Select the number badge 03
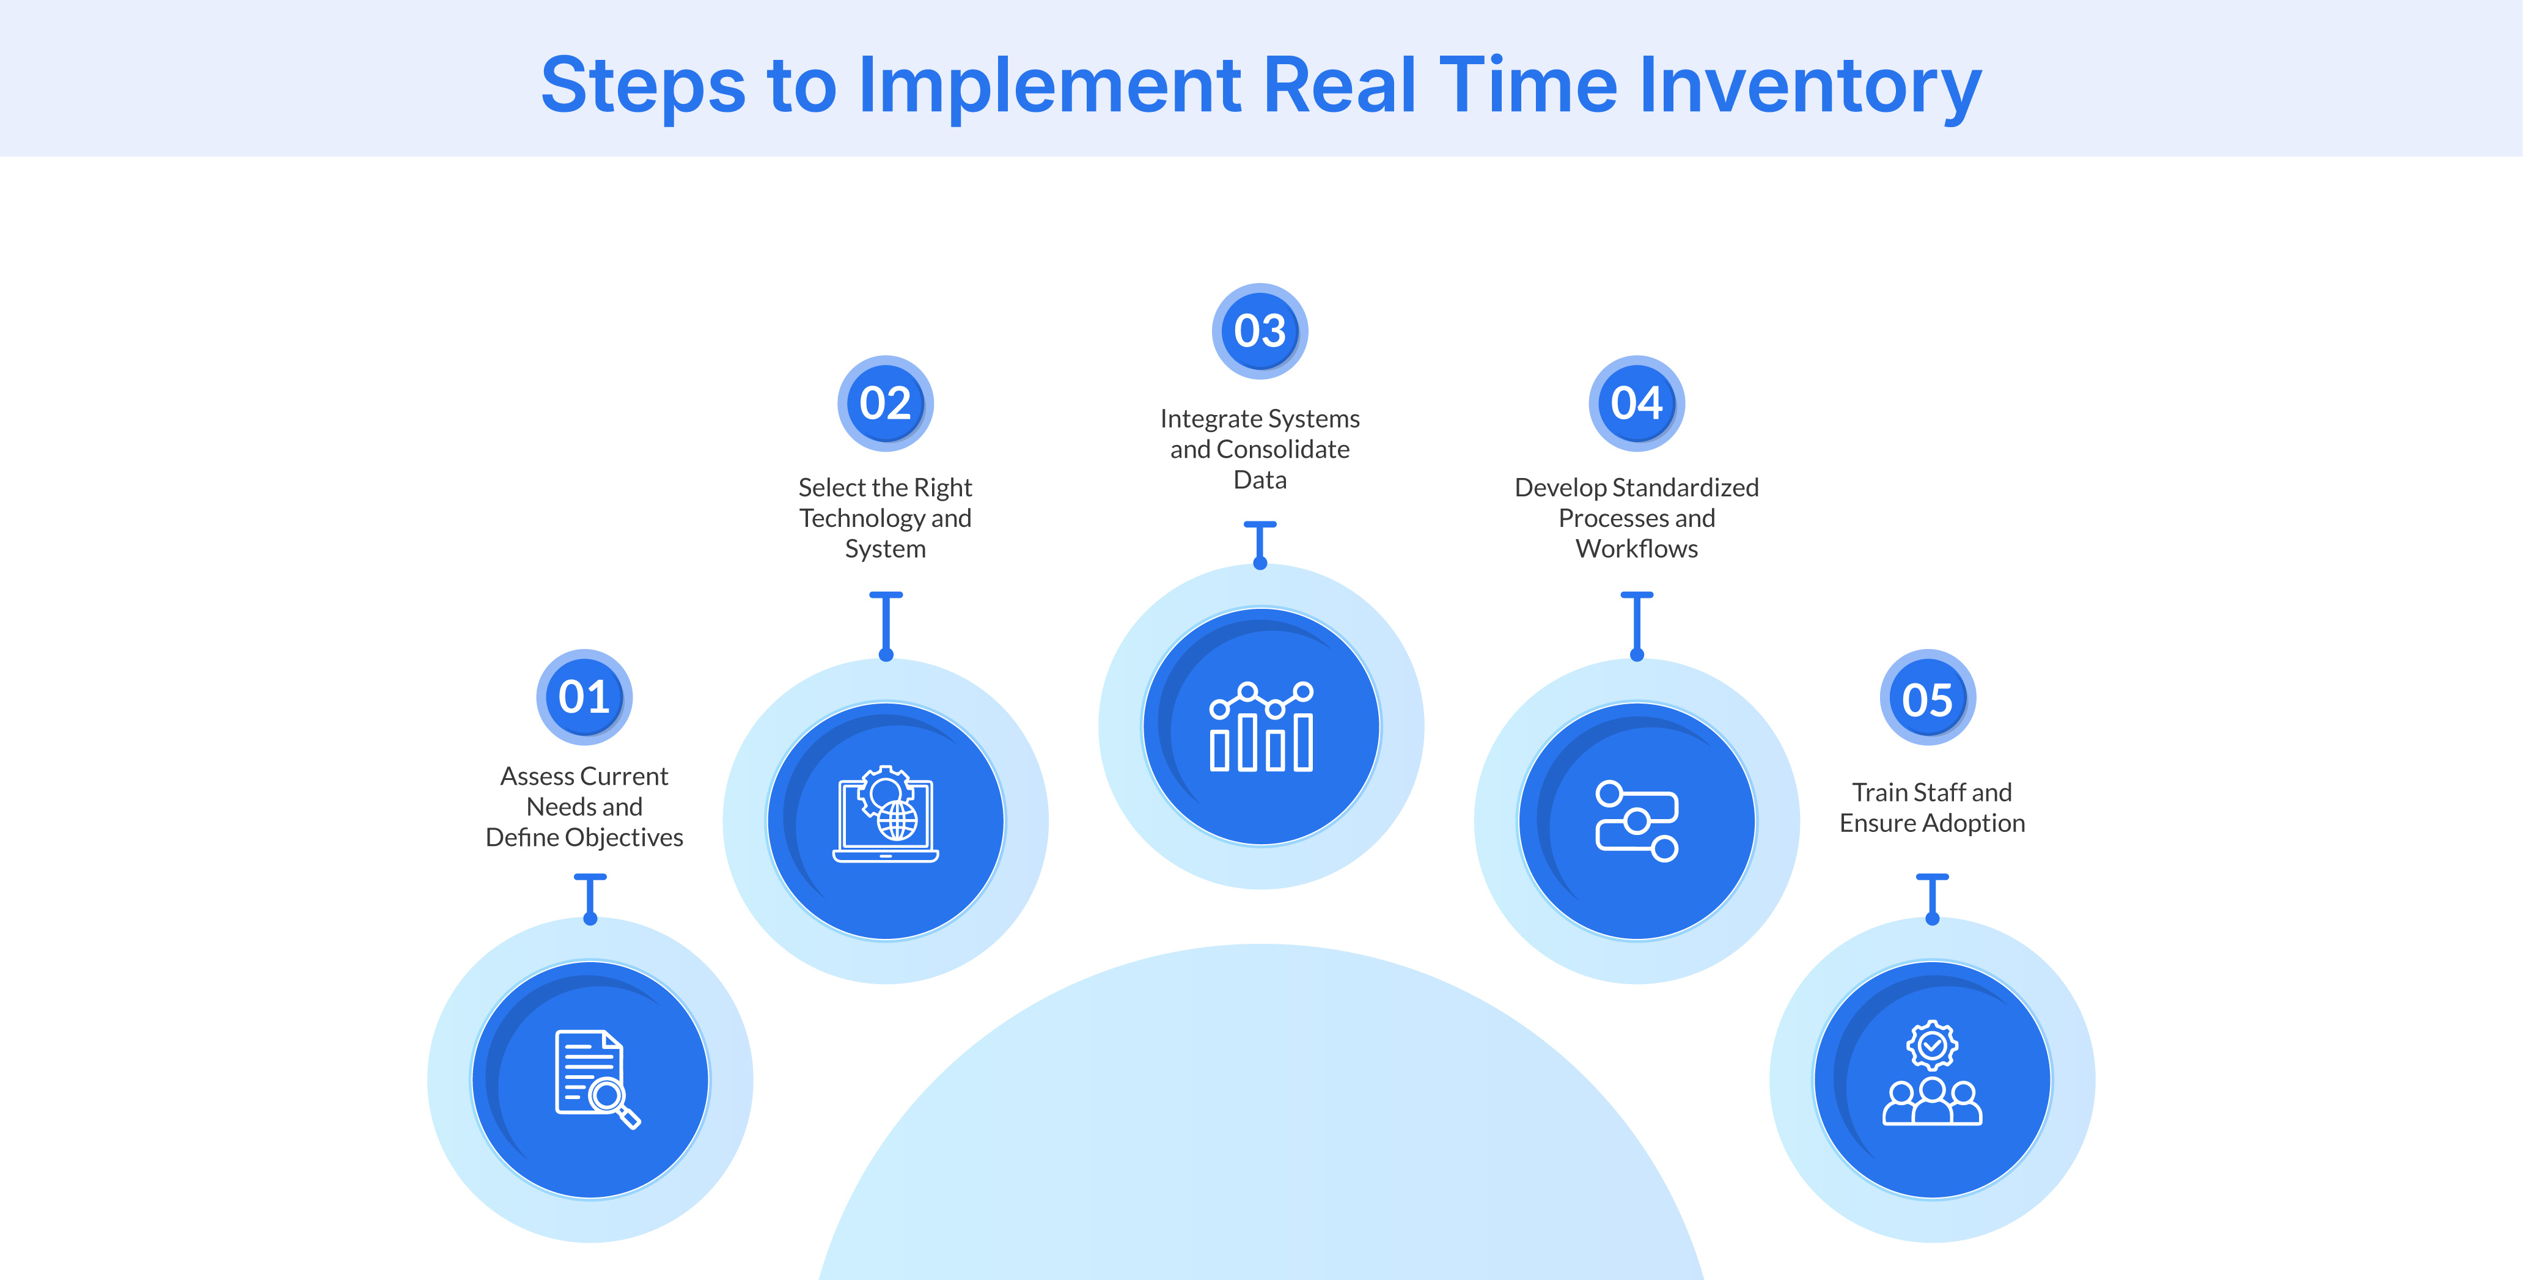pos(1260,331)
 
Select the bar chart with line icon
pos(1260,727)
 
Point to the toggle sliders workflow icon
pos(1637,821)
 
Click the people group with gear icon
pos(1931,1075)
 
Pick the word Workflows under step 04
pos(1637,548)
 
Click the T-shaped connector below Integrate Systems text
pos(1260,543)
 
